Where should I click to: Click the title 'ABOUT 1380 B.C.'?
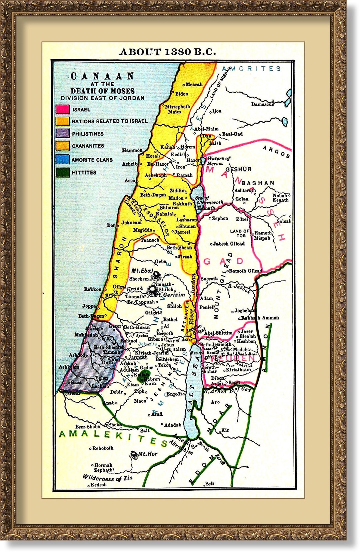pos(168,52)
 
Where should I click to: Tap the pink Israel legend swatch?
pos(63,109)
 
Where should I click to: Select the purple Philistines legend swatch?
pos(63,134)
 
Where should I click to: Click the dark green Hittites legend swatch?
pos(63,173)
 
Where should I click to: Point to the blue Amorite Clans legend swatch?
pos(63,160)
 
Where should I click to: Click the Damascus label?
pos(262,104)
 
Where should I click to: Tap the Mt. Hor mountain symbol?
pos(134,454)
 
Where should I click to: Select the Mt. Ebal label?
pos(142,271)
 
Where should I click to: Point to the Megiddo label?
pos(143,230)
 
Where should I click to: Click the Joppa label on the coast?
pos(89,306)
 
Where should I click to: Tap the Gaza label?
pos(76,382)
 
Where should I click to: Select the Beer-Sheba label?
pos(88,427)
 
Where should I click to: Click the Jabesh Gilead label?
pos(229,244)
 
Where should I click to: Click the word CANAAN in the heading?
pos(102,76)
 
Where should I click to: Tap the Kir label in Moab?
pos(225,430)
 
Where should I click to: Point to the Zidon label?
pos(182,94)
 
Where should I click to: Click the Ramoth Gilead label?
pos(245,271)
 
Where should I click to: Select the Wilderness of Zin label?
pos(107,478)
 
